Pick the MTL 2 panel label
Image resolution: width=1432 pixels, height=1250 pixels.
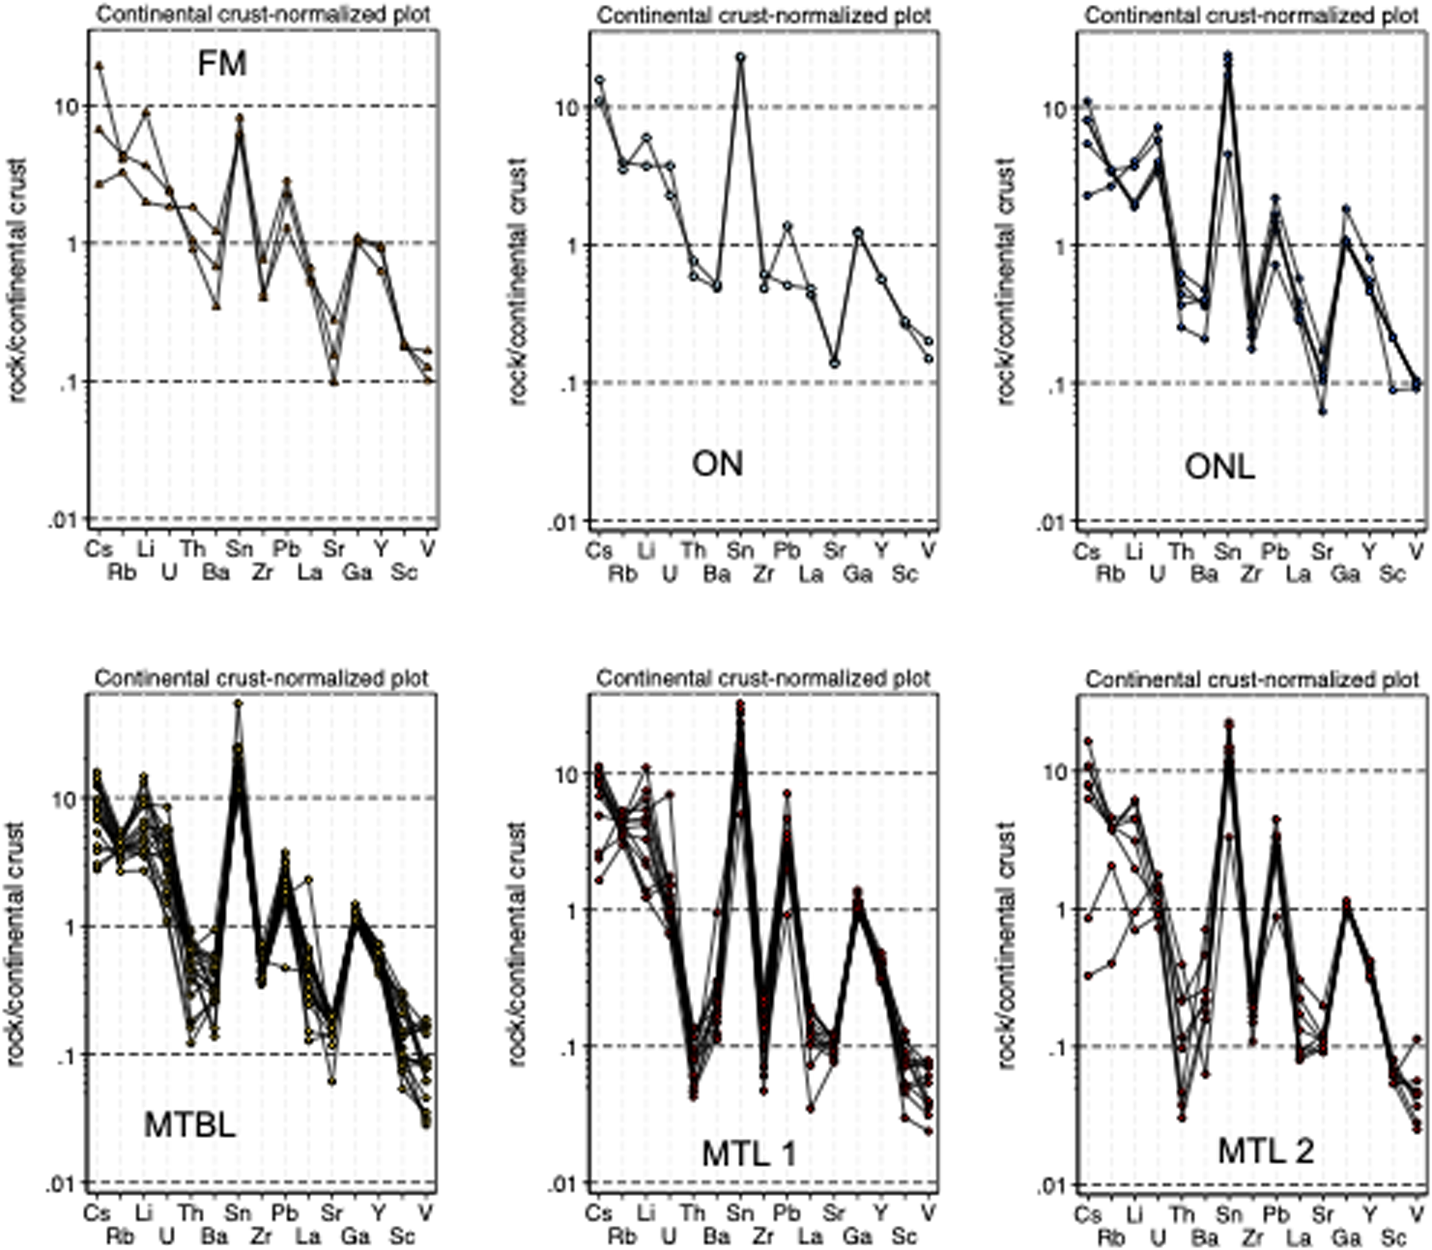coord(1265,1150)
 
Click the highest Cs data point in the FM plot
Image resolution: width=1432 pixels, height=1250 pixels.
coord(99,65)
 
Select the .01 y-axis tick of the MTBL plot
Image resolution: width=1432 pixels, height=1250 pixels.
coord(64,1182)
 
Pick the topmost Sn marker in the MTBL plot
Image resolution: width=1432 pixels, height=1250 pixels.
coord(238,704)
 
